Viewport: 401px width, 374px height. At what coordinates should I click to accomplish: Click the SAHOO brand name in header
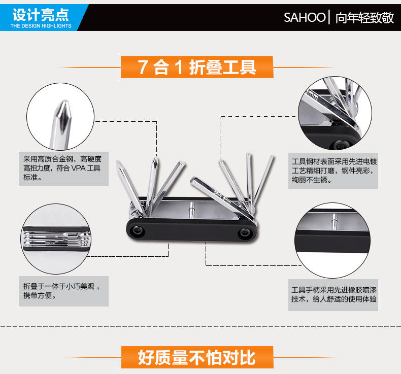(304, 18)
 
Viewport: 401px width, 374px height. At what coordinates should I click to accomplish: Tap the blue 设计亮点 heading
(41, 14)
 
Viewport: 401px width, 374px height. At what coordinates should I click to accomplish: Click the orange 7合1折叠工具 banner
(197, 67)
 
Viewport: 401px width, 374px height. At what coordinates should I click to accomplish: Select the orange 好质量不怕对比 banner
(197, 357)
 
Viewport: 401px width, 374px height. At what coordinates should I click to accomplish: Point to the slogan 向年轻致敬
(364, 18)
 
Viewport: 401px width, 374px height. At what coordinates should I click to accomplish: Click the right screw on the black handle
(245, 232)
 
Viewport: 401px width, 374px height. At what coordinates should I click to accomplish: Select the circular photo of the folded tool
(55, 237)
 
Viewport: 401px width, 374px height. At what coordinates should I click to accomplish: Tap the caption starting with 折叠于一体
(63, 290)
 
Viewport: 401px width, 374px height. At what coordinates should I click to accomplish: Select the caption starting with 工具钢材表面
(333, 171)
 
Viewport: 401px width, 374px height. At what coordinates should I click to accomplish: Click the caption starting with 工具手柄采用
(333, 294)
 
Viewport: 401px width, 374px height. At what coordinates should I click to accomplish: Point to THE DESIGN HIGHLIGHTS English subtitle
(41, 26)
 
